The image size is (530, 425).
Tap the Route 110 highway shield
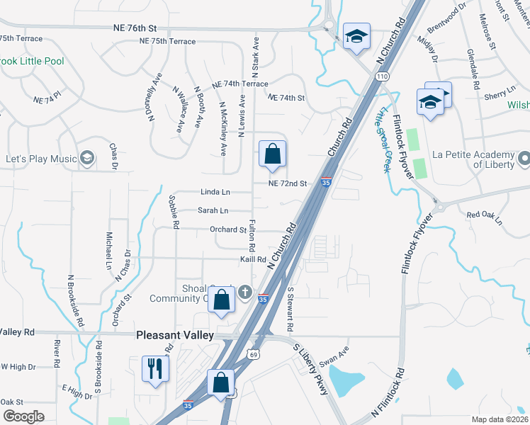point(383,76)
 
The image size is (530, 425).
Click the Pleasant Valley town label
point(174,335)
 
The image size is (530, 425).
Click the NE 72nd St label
point(287,183)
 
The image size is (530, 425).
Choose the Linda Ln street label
point(215,192)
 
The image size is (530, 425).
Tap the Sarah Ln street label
point(213,210)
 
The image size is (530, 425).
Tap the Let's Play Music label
point(40,158)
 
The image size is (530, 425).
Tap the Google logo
point(23,416)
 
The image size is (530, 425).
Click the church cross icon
point(245,292)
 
